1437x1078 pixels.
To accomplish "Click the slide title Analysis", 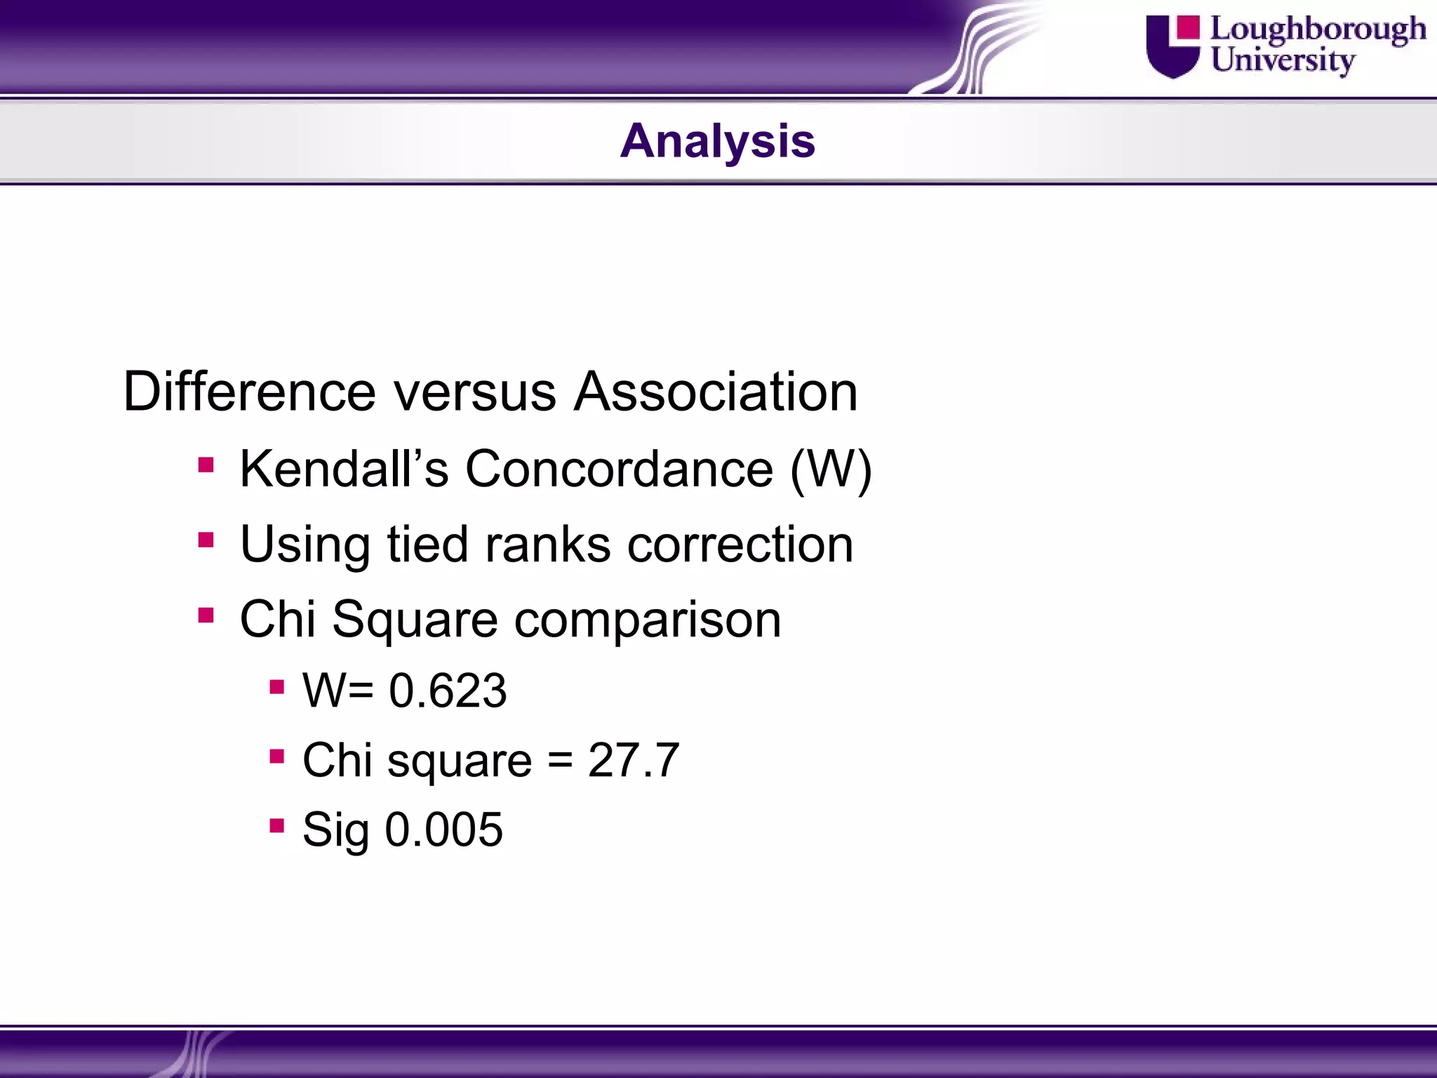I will [x=717, y=141].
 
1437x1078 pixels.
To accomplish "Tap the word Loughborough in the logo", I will [x=1318, y=30].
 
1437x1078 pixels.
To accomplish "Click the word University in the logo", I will [x=1282, y=60].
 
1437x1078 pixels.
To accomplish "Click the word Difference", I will [x=249, y=392].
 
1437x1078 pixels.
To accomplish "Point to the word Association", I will [x=716, y=392].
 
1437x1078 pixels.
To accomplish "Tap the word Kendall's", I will [x=344, y=469].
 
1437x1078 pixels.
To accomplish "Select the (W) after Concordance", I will [x=831, y=469].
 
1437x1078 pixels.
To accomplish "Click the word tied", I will [x=427, y=545].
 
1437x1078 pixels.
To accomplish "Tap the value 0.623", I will [x=448, y=691].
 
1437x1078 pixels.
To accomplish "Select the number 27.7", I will [x=634, y=760].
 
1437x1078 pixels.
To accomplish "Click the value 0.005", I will [x=443, y=830].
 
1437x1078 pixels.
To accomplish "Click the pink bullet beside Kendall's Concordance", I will [x=206, y=465].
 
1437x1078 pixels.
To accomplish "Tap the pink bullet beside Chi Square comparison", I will [x=206, y=615].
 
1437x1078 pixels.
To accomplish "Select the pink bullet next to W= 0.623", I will [x=276, y=686].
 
